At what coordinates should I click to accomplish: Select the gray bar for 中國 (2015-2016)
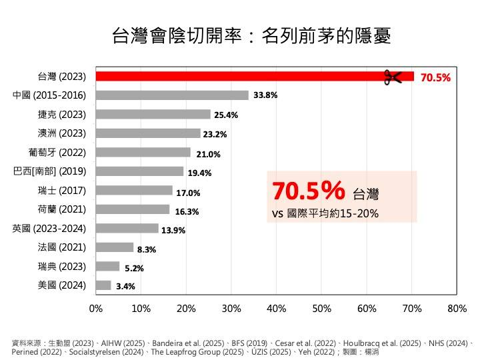click(172, 95)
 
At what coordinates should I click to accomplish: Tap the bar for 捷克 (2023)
click(153, 114)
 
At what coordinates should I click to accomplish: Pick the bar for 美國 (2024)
click(103, 285)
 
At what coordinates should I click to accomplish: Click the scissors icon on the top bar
click(393, 77)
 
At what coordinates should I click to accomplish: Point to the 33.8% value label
click(265, 95)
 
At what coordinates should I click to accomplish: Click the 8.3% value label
click(147, 250)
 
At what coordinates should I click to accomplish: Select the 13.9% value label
click(173, 231)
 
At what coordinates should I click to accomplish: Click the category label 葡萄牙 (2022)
click(58, 152)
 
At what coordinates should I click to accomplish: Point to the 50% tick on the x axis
click(321, 309)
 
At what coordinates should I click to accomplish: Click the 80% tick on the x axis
click(457, 309)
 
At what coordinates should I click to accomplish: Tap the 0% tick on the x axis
click(96, 309)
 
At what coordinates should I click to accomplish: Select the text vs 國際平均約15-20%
click(325, 214)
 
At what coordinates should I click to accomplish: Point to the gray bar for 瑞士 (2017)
click(134, 191)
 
